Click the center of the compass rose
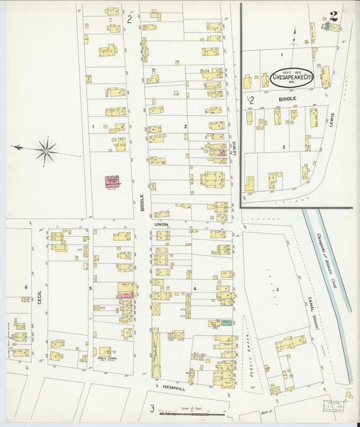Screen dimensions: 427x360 tap(46, 151)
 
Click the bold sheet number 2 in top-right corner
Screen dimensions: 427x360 tap(334, 16)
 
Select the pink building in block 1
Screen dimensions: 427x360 tap(111, 182)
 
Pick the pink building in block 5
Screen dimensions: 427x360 tap(126, 295)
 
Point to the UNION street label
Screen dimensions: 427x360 tap(161, 224)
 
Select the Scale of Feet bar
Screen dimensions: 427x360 tap(192, 413)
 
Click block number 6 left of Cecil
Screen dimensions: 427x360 tap(26, 287)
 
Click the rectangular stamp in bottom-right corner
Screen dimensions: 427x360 tap(333, 405)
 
